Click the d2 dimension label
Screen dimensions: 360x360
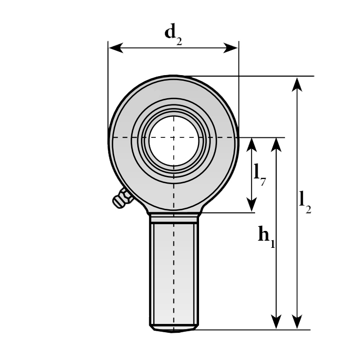point(173,34)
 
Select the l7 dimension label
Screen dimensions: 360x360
point(260,175)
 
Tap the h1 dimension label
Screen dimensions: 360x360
point(266,237)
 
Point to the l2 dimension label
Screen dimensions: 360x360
point(305,203)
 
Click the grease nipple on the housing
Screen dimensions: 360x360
point(122,198)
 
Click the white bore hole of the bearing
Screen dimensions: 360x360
point(174,140)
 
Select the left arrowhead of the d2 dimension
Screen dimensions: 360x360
point(116,48)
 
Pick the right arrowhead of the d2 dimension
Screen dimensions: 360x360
point(231,48)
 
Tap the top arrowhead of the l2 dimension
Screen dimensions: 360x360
point(297,84)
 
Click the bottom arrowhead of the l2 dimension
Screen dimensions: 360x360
point(297,322)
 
